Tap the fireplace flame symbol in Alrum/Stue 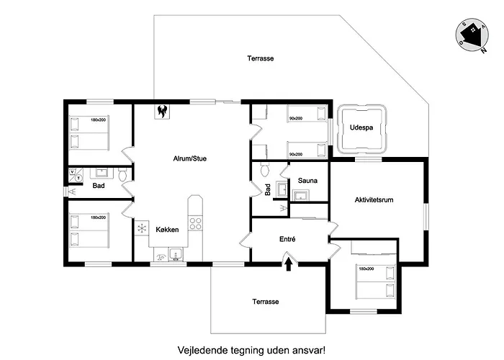162,111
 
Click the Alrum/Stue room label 190,158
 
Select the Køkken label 167,229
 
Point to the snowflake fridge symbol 141,228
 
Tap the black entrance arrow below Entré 289,264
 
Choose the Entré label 287,238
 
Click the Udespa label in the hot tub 361,128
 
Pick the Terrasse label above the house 260,58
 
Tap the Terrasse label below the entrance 264,302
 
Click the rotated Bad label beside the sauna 268,190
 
